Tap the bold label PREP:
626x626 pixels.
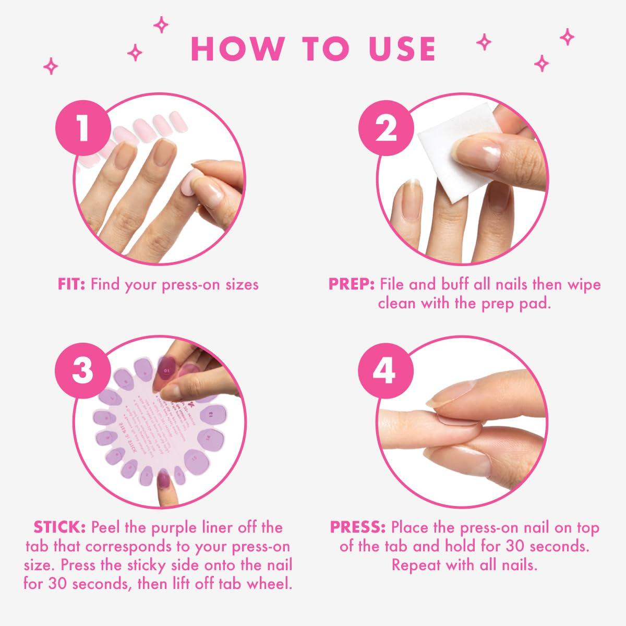(x=352, y=284)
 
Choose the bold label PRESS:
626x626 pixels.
(x=357, y=527)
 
